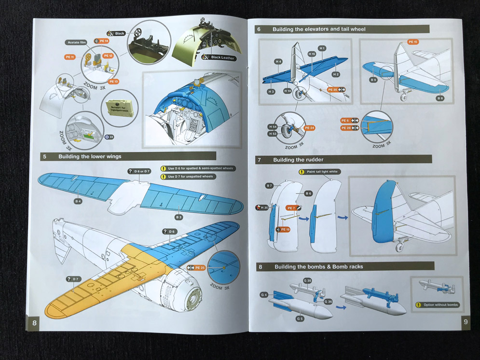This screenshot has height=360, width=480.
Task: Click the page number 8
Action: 34,322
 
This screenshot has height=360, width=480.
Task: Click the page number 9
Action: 466,322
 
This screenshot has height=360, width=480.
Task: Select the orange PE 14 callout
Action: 103,41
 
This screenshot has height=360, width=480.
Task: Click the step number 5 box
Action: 45,156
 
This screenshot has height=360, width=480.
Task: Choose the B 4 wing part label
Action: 78,201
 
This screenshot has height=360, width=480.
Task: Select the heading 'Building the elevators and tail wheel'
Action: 318,29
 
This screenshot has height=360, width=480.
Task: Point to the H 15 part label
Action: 312,54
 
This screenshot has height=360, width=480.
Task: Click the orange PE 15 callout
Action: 412,42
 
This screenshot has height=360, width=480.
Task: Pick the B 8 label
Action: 439,98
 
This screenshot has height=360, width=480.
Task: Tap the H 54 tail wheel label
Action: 273,127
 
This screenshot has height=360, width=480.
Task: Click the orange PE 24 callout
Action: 309,128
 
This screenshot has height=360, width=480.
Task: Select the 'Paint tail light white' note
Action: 322,172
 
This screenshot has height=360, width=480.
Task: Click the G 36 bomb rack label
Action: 328,302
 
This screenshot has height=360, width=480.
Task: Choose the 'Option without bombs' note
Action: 440,305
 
